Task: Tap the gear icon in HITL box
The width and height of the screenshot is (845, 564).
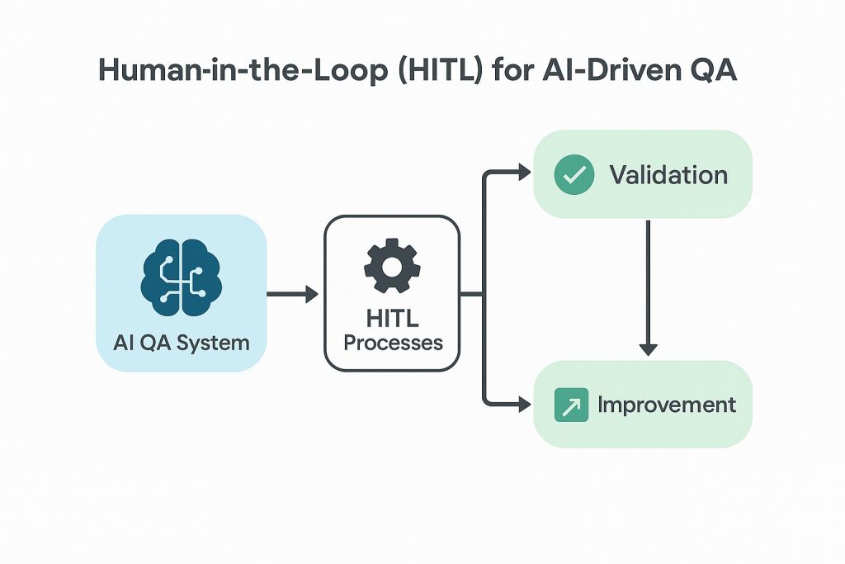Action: click(x=392, y=266)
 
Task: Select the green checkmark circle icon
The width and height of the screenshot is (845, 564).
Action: click(x=574, y=175)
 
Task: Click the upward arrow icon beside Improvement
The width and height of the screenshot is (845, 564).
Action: click(x=571, y=405)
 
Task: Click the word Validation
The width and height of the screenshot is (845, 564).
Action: click(x=668, y=175)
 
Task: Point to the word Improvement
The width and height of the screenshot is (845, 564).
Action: click(x=667, y=405)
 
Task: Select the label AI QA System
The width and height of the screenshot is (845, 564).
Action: click(x=182, y=342)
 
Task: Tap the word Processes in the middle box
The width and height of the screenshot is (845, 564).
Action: click(x=393, y=342)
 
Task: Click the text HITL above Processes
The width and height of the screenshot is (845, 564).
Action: click(x=393, y=319)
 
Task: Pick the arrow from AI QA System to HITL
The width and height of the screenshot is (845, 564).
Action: click(x=292, y=294)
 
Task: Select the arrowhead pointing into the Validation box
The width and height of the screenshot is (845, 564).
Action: click(x=523, y=172)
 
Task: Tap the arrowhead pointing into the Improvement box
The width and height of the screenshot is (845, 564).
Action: click(x=523, y=404)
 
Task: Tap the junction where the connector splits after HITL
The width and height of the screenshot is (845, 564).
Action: click(x=483, y=294)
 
